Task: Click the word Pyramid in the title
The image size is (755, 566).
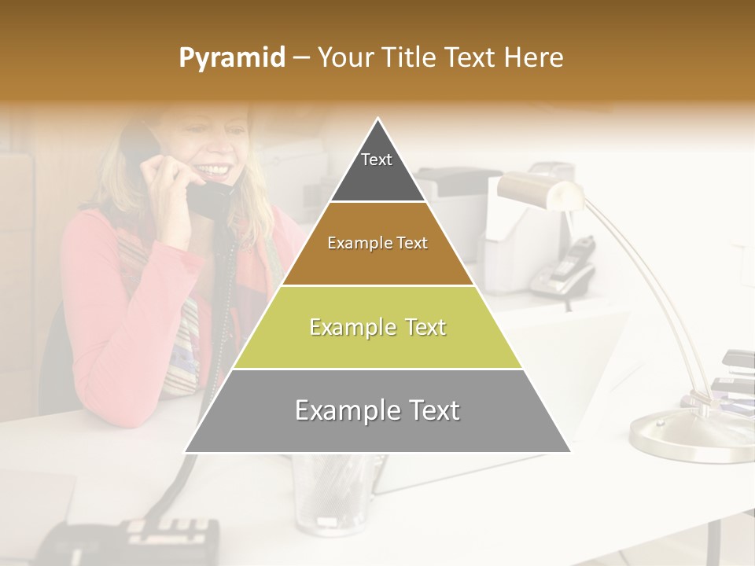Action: (231, 58)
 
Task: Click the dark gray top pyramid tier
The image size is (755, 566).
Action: (377, 177)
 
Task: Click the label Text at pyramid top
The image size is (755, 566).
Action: (377, 160)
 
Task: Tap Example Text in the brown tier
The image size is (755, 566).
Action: (377, 243)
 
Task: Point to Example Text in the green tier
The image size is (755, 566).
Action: (377, 327)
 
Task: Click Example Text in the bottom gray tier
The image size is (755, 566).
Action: (377, 410)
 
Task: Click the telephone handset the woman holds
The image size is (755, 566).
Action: (206, 197)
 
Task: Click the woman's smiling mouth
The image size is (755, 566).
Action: (216, 169)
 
